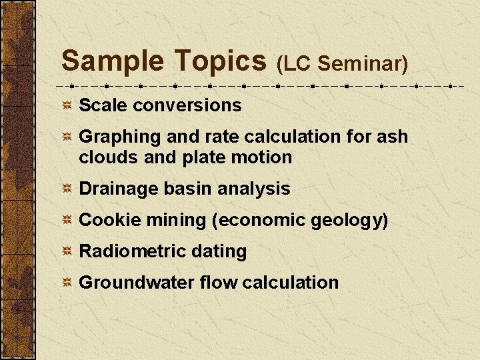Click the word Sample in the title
(x=112, y=61)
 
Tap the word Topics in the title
(x=220, y=61)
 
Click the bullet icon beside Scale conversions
(x=67, y=105)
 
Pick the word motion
(x=266, y=157)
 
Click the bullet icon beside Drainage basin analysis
(x=67, y=189)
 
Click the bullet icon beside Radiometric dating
(x=67, y=252)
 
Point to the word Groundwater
(x=136, y=283)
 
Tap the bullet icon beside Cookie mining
(x=67, y=221)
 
